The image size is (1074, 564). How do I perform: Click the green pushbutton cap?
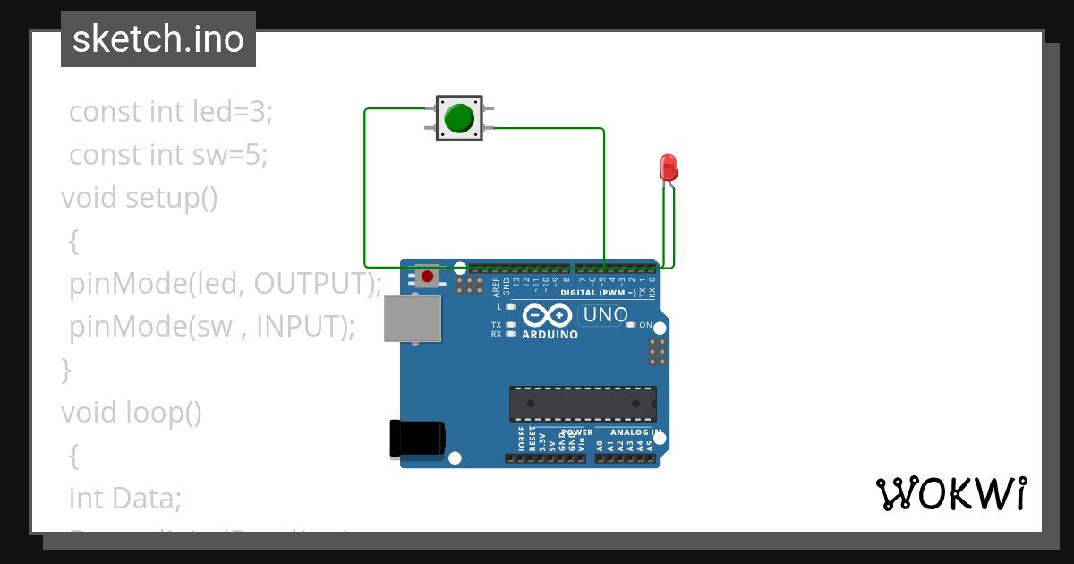(x=459, y=118)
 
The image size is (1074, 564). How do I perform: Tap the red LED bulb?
(x=668, y=167)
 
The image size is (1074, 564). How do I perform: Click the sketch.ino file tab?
(x=158, y=39)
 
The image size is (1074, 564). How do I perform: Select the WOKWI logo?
(x=950, y=493)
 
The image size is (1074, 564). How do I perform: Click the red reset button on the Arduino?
(x=428, y=277)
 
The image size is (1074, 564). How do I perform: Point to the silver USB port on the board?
(x=413, y=319)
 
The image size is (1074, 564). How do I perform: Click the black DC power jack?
(x=417, y=439)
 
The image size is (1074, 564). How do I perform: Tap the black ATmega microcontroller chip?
(x=583, y=404)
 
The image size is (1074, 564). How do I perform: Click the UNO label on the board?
(x=605, y=315)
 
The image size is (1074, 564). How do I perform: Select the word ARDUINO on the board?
(x=550, y=335)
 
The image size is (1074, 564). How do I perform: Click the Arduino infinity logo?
(x=547, y=315)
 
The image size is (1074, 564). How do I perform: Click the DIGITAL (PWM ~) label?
(x=598, y=293)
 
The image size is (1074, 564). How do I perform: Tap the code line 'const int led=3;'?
(x=171, y=112)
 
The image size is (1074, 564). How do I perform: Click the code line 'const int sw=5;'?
(x=168, y=155)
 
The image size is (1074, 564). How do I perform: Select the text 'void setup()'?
(x=140, y=197)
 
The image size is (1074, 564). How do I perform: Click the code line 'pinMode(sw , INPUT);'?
(x=212, y=326)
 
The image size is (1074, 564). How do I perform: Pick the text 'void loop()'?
(x=132, y=412)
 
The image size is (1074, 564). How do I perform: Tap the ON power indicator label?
(x=644, y=325)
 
